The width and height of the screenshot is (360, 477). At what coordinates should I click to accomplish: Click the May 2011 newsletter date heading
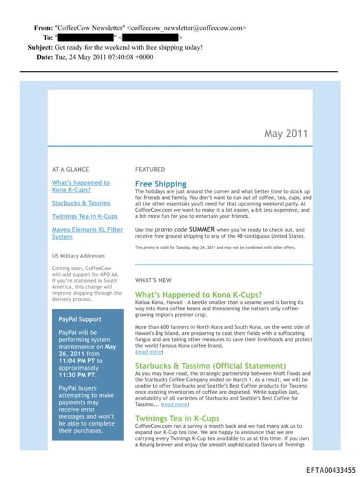[285, 134]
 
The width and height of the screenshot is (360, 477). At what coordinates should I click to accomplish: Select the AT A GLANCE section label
[70, 170]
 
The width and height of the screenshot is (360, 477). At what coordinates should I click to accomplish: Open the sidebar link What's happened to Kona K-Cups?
[80, 186]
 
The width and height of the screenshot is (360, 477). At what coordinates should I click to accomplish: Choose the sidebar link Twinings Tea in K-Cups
[84, 216]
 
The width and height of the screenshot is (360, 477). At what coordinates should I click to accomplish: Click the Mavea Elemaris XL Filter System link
[82, 233]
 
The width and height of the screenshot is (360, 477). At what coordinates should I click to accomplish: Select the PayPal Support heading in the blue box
[81, 319]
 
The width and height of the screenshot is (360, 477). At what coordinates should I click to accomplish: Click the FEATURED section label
[150, 170]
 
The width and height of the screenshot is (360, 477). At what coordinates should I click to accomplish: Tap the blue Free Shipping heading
[160, 184]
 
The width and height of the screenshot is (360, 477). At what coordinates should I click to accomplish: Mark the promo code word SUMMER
[201, 229]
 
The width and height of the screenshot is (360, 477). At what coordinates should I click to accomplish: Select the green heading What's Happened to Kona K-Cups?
[198, 294]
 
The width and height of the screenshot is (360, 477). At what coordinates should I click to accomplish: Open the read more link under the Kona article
[148, 351]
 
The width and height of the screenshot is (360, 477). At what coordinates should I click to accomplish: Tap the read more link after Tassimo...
[175, 405]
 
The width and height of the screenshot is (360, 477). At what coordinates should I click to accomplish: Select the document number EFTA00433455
[330, 470]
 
